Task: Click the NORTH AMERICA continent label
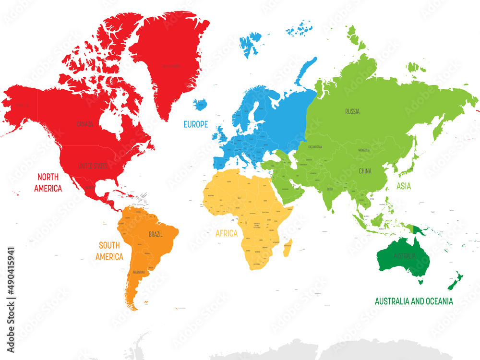tap(48, 182)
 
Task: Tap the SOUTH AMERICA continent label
tap(109, 251)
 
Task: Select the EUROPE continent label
tap(196, 124)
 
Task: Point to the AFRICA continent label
tap(227, 234)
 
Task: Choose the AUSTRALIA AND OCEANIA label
tap(414, 301)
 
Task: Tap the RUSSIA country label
tap(352, 112)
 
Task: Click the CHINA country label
tap(365, 171)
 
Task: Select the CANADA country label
tap(85, 124)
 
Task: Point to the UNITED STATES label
tap(93, 166)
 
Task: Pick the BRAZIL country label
tap(156, 235)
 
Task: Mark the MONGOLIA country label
tap(364, 150)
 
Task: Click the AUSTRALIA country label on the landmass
tap(401, 256)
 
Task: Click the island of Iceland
tap(200, 104)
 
